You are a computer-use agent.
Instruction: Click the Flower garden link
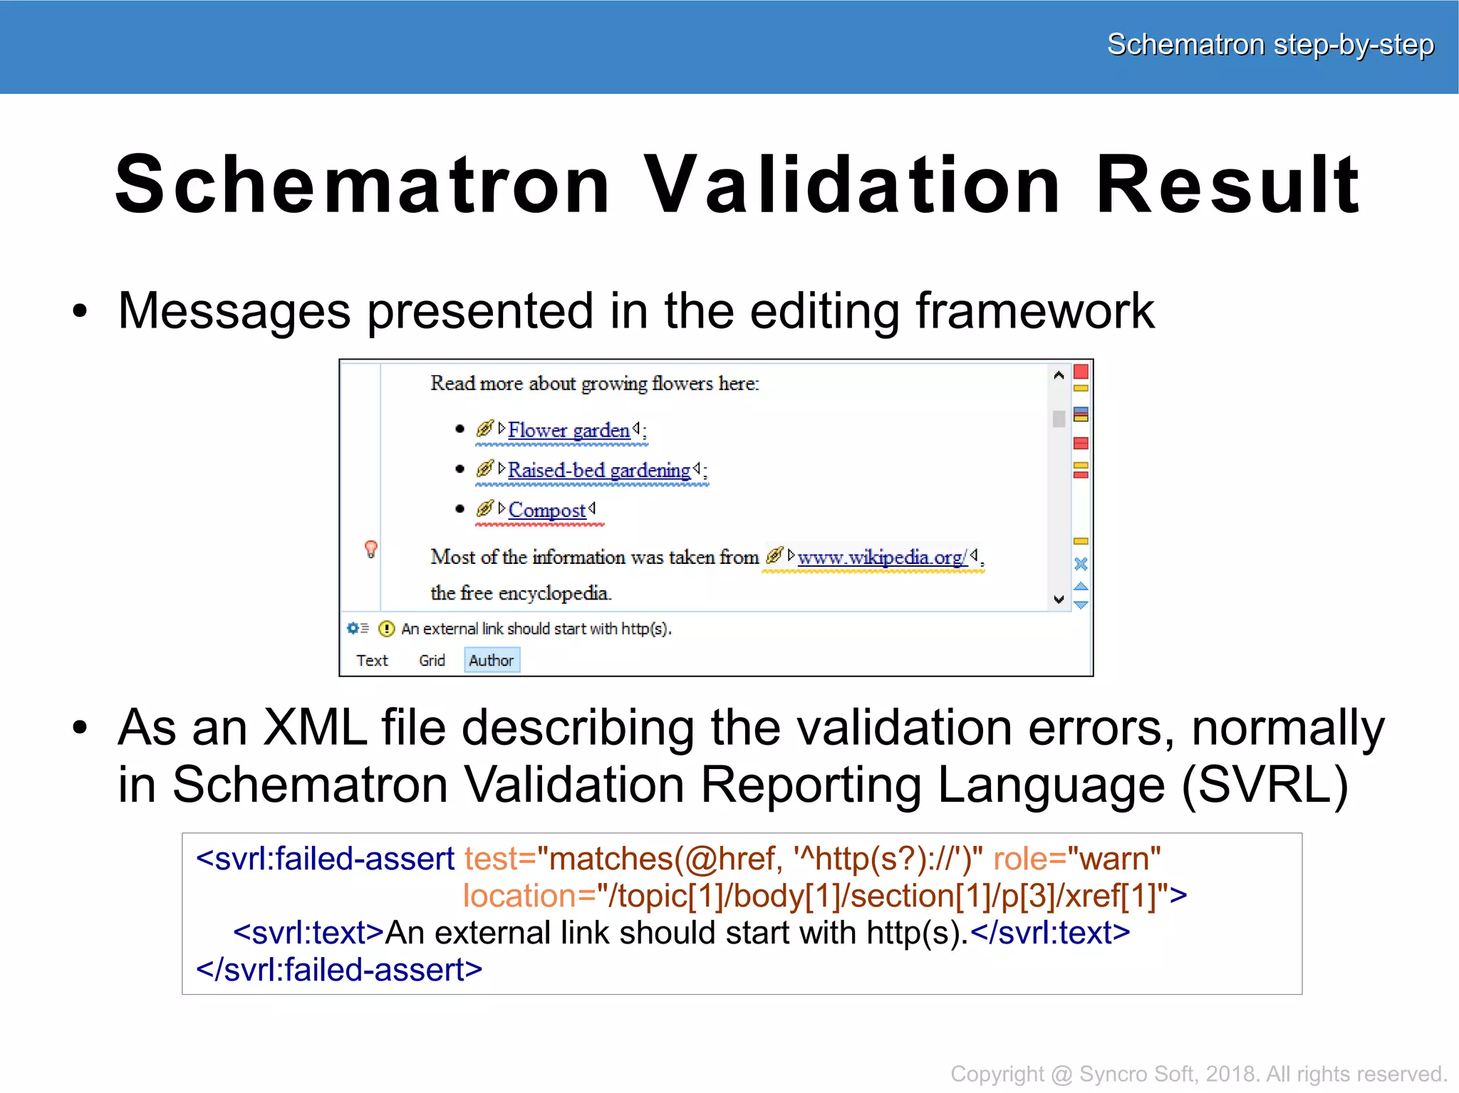[x=568, y=430]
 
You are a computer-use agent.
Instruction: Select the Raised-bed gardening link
[x=598, y=470]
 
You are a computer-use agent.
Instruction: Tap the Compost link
[x=546, y=510]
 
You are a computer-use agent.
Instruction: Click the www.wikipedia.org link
[x=882, y=557]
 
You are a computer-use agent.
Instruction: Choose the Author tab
[x=492, y=660]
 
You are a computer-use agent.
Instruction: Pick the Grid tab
[x=432, y=660]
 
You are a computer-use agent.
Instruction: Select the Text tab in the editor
[x=372, y=660]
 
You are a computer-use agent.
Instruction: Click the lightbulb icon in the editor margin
[x=370, y=549]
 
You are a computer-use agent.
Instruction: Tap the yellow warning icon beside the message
[x=386, y=629]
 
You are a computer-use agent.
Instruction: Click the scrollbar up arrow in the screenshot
[x=1059, y=375]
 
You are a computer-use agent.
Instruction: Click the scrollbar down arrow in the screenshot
[x=1059, y=600]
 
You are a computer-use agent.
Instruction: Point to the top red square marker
[x=1081, y=372]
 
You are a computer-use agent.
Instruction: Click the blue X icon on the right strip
[x=1081, y=564]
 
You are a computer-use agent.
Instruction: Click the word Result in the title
[x=1227, y=185]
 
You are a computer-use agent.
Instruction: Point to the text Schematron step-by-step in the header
[x=1270, y=45]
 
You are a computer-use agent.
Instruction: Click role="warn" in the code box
[x=1076, y=859]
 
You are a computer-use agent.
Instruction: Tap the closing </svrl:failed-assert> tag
[x=339, y=970]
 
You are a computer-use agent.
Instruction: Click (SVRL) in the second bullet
[x=1265, y=785]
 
